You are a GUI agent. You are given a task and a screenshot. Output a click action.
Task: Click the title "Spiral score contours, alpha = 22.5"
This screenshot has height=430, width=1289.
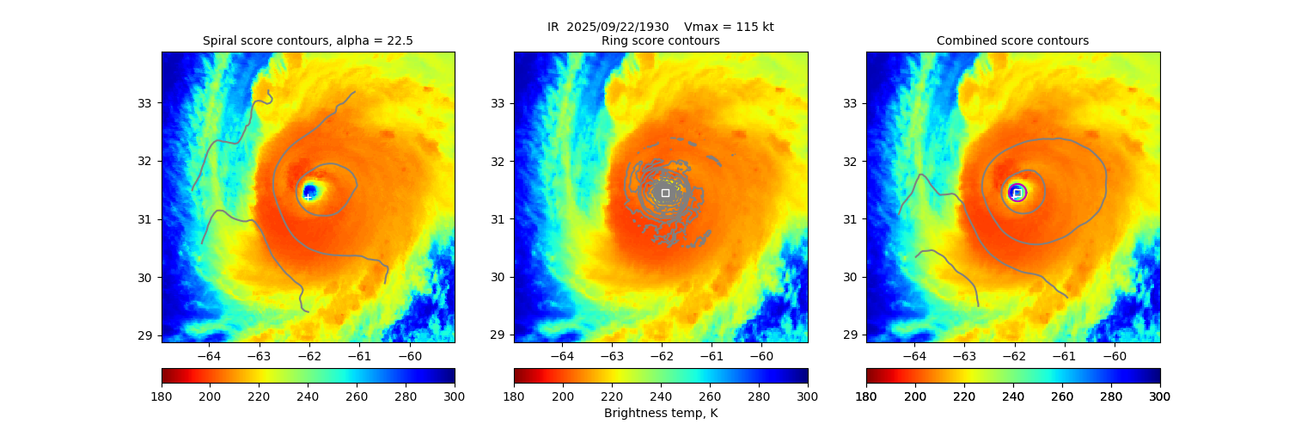(308, 40)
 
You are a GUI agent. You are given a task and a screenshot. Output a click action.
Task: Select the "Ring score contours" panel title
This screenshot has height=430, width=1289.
(660, 40)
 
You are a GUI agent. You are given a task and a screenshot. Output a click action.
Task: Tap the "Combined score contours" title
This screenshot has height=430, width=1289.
(1012, 40)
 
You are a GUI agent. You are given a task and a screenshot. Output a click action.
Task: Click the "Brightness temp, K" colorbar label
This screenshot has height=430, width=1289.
(660, 414)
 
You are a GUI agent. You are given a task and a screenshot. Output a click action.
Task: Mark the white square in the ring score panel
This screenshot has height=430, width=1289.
(665, 193)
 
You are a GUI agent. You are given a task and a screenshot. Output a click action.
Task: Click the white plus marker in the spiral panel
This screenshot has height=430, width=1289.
(309, 197)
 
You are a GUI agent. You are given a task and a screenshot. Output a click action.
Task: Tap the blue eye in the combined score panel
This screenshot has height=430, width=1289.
(1017, 193)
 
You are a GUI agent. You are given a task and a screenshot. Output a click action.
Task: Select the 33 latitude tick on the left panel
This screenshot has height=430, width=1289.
(145, 103)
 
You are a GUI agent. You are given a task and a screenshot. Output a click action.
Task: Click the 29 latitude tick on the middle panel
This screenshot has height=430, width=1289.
(498, 335)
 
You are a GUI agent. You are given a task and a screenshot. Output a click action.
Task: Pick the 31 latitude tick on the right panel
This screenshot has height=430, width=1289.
(850, 219)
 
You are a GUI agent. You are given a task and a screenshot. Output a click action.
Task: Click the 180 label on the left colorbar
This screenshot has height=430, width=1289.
(162, 396)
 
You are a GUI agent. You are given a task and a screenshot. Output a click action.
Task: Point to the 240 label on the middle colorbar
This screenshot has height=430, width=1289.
(661, 396)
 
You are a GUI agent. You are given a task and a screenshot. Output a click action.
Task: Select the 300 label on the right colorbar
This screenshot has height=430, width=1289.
(1160, 396)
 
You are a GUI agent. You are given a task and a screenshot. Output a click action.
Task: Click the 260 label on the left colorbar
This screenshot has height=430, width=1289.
(357, 396)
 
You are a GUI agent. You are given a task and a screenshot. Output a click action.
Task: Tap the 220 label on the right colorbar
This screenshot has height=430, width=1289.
(964, 396)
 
